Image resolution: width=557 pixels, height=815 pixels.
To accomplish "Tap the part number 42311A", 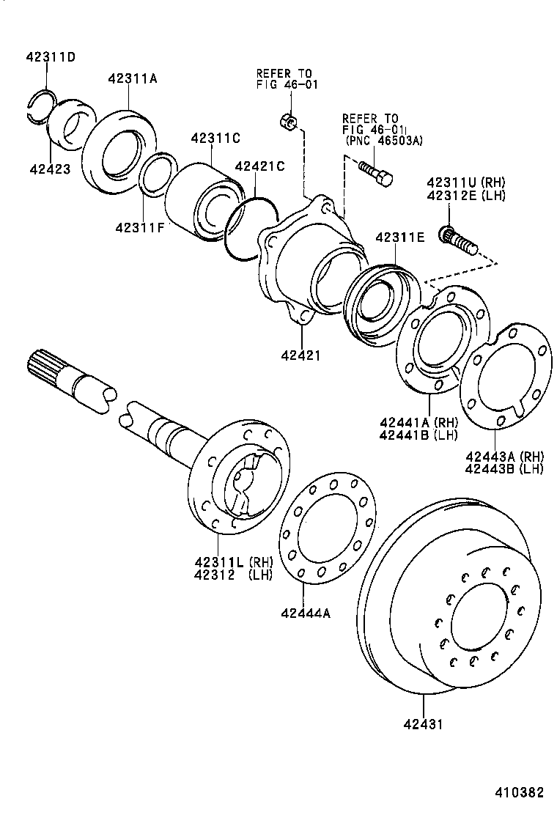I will point(132,79).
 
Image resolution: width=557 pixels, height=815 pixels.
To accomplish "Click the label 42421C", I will point(259,166).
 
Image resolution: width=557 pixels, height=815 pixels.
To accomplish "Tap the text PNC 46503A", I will point(384,141).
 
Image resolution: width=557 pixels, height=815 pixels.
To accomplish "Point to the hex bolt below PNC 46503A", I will point(375,173).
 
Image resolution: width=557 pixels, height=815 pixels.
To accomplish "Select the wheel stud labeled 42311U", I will point(457,240).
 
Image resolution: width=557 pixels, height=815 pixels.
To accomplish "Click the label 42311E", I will point(399,237).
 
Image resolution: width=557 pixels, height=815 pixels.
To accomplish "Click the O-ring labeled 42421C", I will point(250,227).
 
